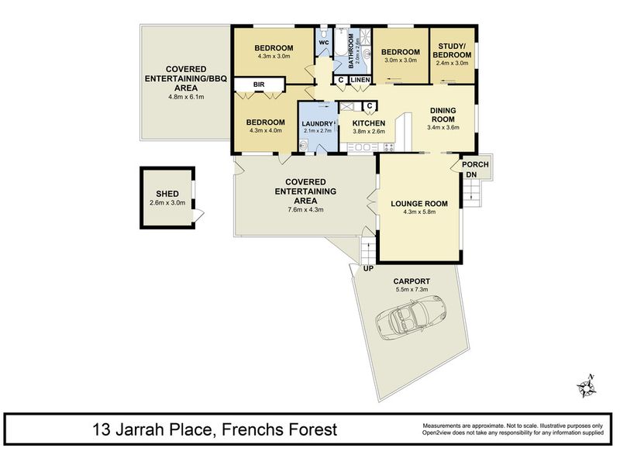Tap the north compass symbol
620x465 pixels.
pos(587,387)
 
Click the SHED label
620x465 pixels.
pos(167,194)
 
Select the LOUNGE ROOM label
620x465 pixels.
pos(419,204)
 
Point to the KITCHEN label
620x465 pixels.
pos(369,123)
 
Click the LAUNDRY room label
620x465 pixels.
pos(317,124)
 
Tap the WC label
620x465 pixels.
pos(324,43)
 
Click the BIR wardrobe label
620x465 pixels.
pos(259,84)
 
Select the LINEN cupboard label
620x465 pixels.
pos(360,80)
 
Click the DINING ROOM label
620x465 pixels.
pos(443,115)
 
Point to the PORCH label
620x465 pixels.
pos(475,164)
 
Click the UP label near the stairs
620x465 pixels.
pos(368,269)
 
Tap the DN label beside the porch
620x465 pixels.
pos(471,175)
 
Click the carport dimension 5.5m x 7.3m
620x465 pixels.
pos(412,289)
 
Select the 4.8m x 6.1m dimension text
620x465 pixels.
pos(186,96)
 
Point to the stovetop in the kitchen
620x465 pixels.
pos(388,147)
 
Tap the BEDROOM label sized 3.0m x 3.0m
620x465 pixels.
pos(401,52)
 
